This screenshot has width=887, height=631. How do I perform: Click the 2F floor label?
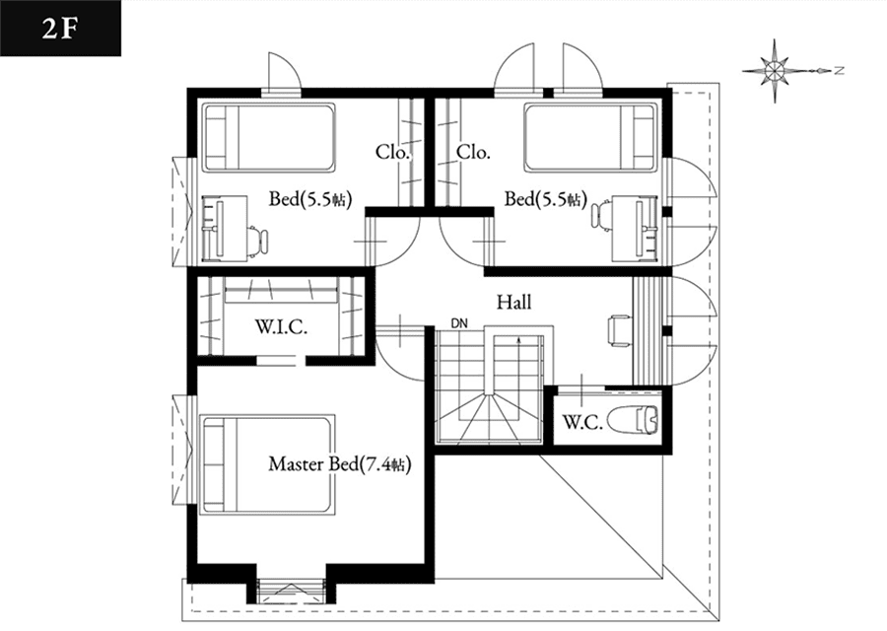coord(59,28)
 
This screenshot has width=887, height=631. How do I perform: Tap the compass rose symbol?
coord(774,71)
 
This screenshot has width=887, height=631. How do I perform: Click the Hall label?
coord(514,303)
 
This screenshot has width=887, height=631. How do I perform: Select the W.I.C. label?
coord(281,327)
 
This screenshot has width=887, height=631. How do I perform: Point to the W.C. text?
coord(582,422)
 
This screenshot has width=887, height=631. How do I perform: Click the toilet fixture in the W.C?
coord(634,420)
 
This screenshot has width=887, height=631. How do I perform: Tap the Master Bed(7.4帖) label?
coord(339,464)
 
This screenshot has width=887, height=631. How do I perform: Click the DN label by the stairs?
coord(459,323)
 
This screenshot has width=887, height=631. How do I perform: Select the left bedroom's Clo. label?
coord(392,152)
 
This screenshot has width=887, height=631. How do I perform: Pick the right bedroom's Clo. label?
coord(473,152)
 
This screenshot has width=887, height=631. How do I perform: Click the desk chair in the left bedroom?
coord(257,243)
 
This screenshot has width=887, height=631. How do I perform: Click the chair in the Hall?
coord(620,330)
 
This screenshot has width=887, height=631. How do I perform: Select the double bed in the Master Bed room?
coord(267,464)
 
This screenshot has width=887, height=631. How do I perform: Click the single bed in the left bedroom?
coord(269,137)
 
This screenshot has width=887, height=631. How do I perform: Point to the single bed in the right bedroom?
coord(591,137)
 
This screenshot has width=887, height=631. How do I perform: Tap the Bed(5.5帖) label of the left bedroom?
coord(310,199)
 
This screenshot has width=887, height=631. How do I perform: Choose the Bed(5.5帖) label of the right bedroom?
coord(546,199)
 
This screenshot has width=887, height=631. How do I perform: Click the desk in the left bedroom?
coord(225,229)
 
